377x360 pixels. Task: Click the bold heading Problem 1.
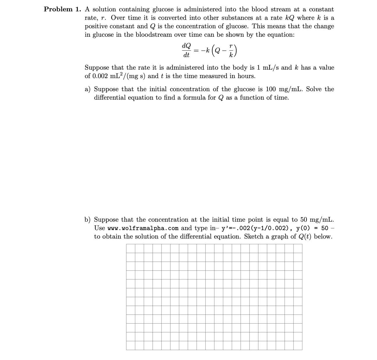point(62,9)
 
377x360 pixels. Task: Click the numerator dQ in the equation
point(186,46)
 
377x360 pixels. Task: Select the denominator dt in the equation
point(186,55)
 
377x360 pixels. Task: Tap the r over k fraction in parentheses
point(231,51)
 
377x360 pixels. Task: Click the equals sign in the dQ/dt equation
point(196,51)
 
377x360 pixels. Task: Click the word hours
point(247,76)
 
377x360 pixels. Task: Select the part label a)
point(88,89)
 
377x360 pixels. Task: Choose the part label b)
point(88,220)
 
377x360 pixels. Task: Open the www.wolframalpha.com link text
point(143,228)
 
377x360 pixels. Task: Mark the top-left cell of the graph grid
point(131,248)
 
